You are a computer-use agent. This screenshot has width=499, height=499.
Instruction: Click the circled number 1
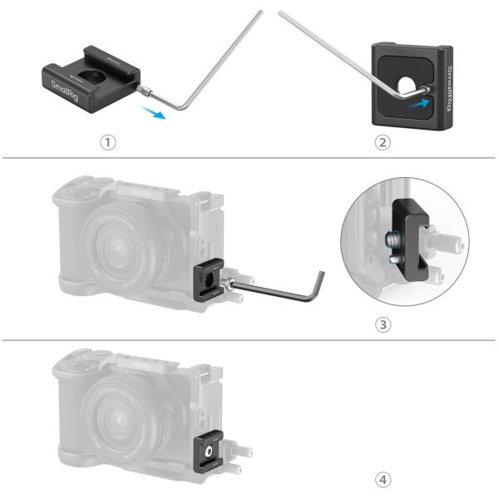click(x=108, y=142)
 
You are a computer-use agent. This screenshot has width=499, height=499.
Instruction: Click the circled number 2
click(x=383, y=142)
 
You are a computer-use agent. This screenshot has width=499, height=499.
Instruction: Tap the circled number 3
click(x=383, y=324)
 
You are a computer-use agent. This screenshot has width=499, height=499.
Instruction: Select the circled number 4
click(x=383, y=480)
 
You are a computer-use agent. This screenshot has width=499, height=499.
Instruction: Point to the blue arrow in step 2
click(x=422, y=104)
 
